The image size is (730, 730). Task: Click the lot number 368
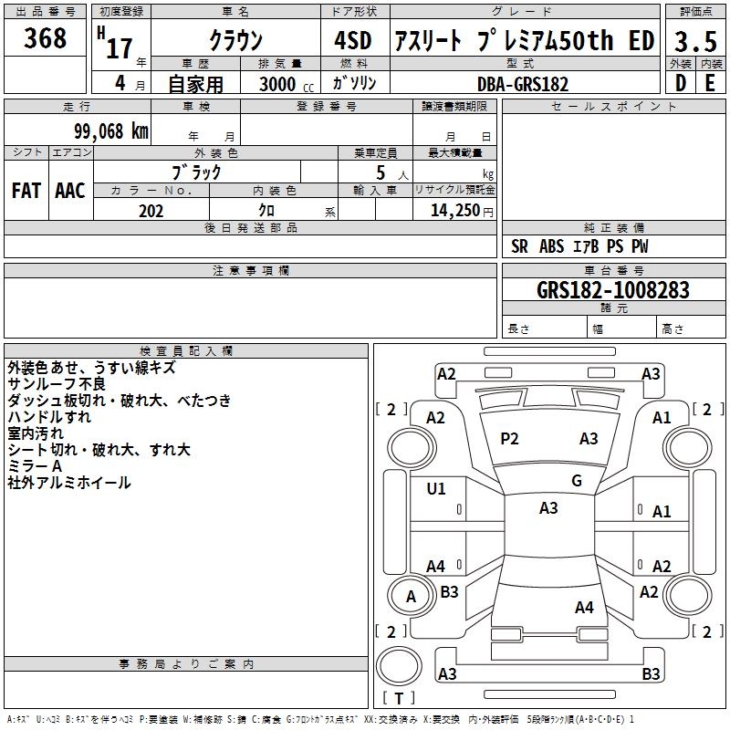click(x=45, y=38)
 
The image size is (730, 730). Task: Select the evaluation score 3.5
click(x=695, y=41)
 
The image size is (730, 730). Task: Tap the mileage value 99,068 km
click(x=111, y=131)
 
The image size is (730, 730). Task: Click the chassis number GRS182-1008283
click(x=612, y=289)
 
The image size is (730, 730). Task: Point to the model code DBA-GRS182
click(x=523, y=84)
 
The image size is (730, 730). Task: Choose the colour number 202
click(x=151, y=211)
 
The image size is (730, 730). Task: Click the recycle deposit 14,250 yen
click(x=462, y=211)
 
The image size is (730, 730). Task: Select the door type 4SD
click(x=353, y=40)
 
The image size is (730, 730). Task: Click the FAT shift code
click(x=26, y=191)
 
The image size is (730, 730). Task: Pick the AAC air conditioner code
click(x=70, y=191)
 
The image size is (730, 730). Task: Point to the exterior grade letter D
click(x=681, y=83)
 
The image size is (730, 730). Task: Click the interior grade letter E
click(x=710, y=83)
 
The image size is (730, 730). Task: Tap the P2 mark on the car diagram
click(x=509, y=439)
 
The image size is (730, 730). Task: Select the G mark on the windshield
click(x=577, y=481)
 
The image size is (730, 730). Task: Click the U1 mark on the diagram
click(x=436, y=488)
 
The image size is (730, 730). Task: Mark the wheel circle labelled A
click(x=410, y=596)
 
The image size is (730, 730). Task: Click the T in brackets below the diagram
click(x=399, y=698)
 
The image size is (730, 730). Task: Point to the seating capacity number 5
click(x=381, y=172)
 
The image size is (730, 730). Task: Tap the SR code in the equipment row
click(x=519, y=246)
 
